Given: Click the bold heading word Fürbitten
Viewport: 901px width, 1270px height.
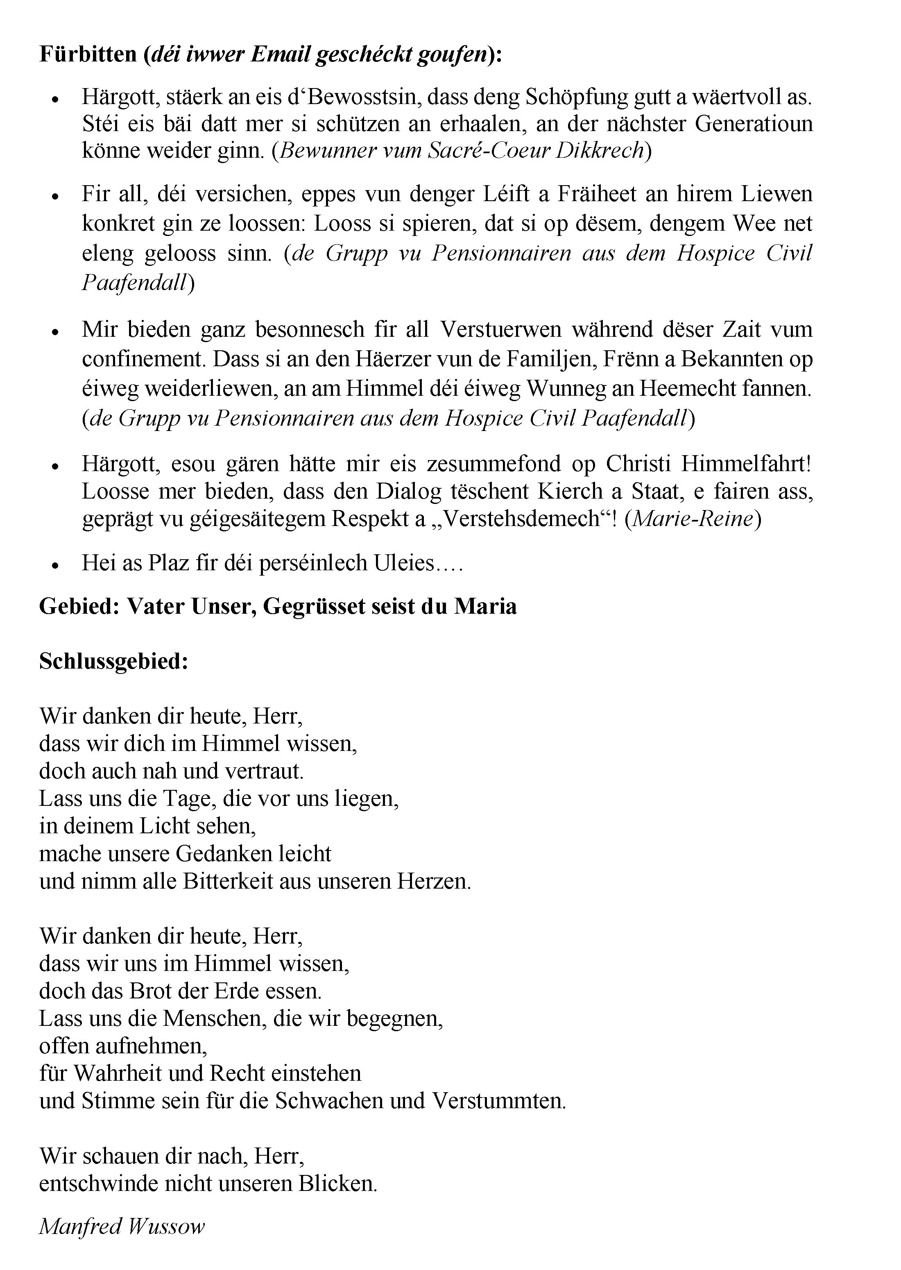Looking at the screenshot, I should (88, 54).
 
